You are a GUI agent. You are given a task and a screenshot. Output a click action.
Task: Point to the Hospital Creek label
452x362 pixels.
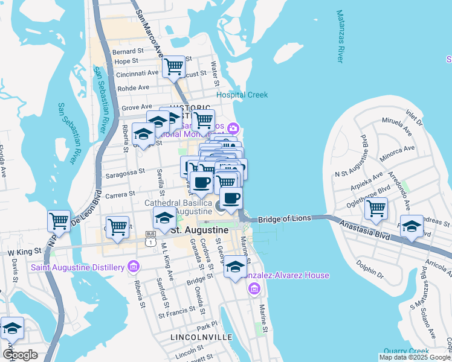coord(242,95)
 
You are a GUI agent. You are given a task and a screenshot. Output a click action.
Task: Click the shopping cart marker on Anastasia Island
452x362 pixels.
coord(376,208)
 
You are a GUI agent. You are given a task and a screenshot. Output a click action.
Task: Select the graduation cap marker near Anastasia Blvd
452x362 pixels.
coord(412,227)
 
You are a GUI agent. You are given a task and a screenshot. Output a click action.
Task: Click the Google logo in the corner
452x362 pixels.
coord(20,355)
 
